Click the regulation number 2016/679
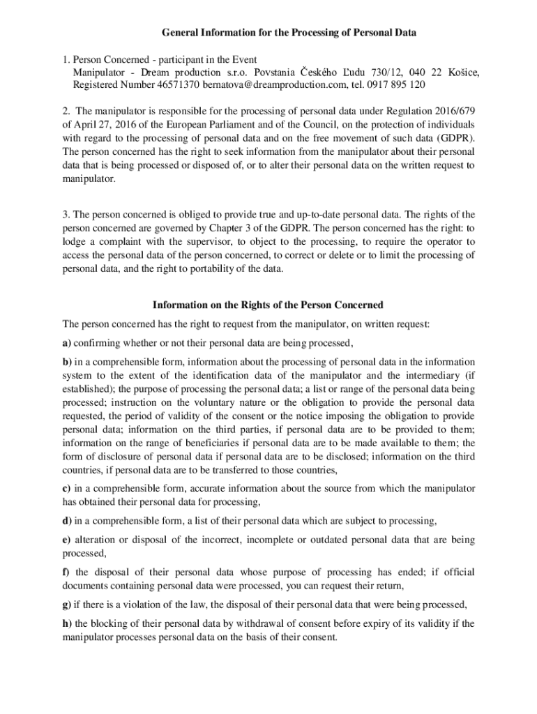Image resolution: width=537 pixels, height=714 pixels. tap(451, 112)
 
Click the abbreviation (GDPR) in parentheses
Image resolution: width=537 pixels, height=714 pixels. tap(457, 139)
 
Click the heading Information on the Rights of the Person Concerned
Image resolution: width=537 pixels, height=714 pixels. tap(268, 305)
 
